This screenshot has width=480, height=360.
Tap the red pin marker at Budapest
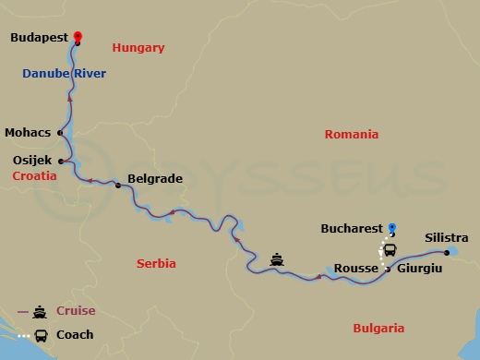[77, 36]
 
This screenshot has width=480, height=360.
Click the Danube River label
[66, 73]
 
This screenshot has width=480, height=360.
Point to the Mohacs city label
[27, 132]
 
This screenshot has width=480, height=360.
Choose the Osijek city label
[32, 160]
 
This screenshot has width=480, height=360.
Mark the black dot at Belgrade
[118, 186]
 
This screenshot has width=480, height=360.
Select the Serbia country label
[156, 264]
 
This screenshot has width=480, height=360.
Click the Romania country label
[352, 135]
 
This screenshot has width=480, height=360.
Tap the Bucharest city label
[351, 226]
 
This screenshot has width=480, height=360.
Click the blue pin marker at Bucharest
[391, 227]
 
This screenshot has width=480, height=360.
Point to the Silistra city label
[446, 238]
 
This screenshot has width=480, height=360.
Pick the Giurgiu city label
[420, 268]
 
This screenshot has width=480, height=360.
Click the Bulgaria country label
[378, 328]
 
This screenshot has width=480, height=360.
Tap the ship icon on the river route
[277, 259]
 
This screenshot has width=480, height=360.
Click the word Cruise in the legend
[76, 311]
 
